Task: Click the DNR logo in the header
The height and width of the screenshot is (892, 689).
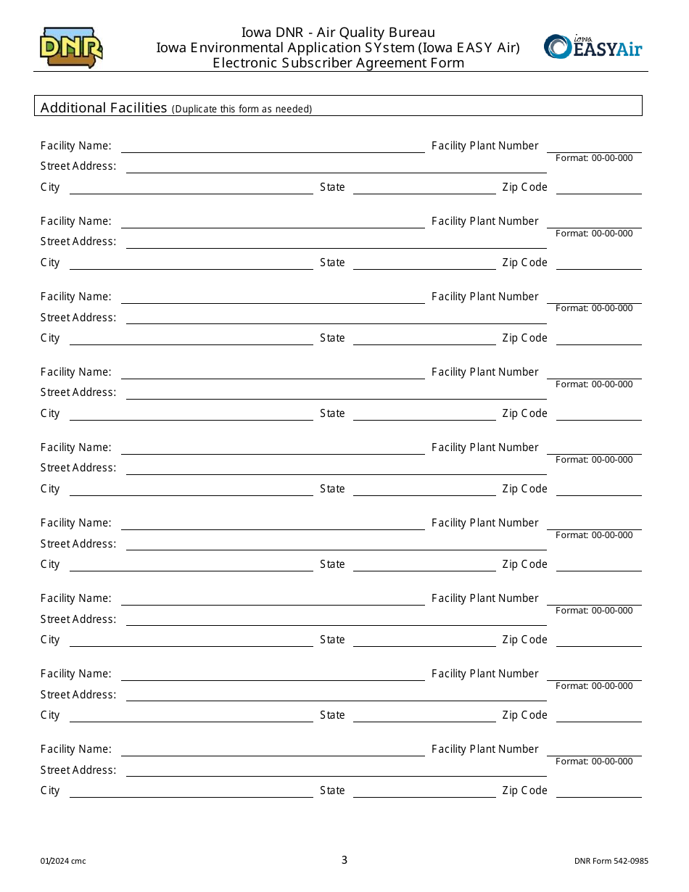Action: tap(71, 48)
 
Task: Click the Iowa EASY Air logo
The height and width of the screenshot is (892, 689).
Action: tap(593, 46)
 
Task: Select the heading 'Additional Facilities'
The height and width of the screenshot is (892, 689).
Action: tap(104, 107)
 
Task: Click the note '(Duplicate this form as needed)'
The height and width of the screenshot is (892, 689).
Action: tap(242, 109)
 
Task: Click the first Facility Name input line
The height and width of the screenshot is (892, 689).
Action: tap(272, 146)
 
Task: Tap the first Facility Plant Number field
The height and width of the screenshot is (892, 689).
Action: tap(594, 146)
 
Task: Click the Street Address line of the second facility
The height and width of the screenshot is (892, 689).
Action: tap(336, 241)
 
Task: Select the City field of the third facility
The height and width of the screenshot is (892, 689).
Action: tap(191, 338)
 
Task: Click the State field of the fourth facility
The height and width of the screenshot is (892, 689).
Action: tap(424, 413)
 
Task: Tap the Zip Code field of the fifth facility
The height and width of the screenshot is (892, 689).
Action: tap(598, 489)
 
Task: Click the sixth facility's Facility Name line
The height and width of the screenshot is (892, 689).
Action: tap(272, 523)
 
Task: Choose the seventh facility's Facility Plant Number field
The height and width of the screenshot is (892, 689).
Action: tap(594, 598)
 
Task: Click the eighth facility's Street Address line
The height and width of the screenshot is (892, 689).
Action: tap(336, 694)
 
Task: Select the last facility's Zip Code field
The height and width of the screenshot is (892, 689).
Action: tap(598, 790)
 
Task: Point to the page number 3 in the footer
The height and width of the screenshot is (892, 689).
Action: tap(344, 860)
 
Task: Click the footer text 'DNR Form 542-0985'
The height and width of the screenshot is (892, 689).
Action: tap(611, 862)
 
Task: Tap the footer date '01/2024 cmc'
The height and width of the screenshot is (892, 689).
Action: tap(63, 862)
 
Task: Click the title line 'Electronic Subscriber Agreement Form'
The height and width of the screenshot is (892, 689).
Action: tap(338, 62)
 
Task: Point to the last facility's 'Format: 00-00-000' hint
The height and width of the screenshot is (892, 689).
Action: tap(594, 761)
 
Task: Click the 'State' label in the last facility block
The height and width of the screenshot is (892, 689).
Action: tap(332, 790)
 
